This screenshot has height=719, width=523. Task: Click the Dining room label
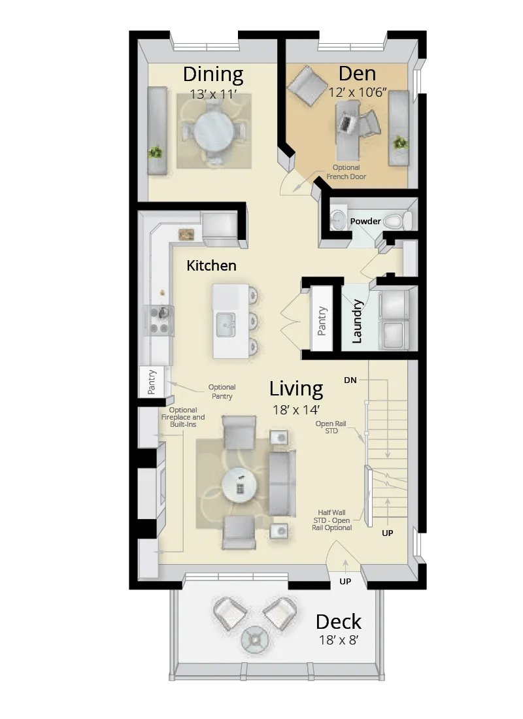click(213, 74)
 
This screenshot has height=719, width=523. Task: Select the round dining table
click(213, 130)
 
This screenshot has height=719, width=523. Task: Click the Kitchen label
click(211, 265)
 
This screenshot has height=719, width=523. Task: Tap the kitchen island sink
click(226, 323)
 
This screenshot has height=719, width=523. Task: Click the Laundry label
click(357, 321)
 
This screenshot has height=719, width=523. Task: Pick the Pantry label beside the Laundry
click(322, 322)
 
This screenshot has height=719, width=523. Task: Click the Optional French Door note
click(346, 173)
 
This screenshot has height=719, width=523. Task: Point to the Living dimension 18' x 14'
click(296, 410)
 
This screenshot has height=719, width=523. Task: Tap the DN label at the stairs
click(350, 380)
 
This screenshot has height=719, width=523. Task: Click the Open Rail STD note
click(326, 427)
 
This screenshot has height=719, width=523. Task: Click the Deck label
click(339, 621)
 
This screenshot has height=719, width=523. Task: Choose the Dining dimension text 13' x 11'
click(212, 95)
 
